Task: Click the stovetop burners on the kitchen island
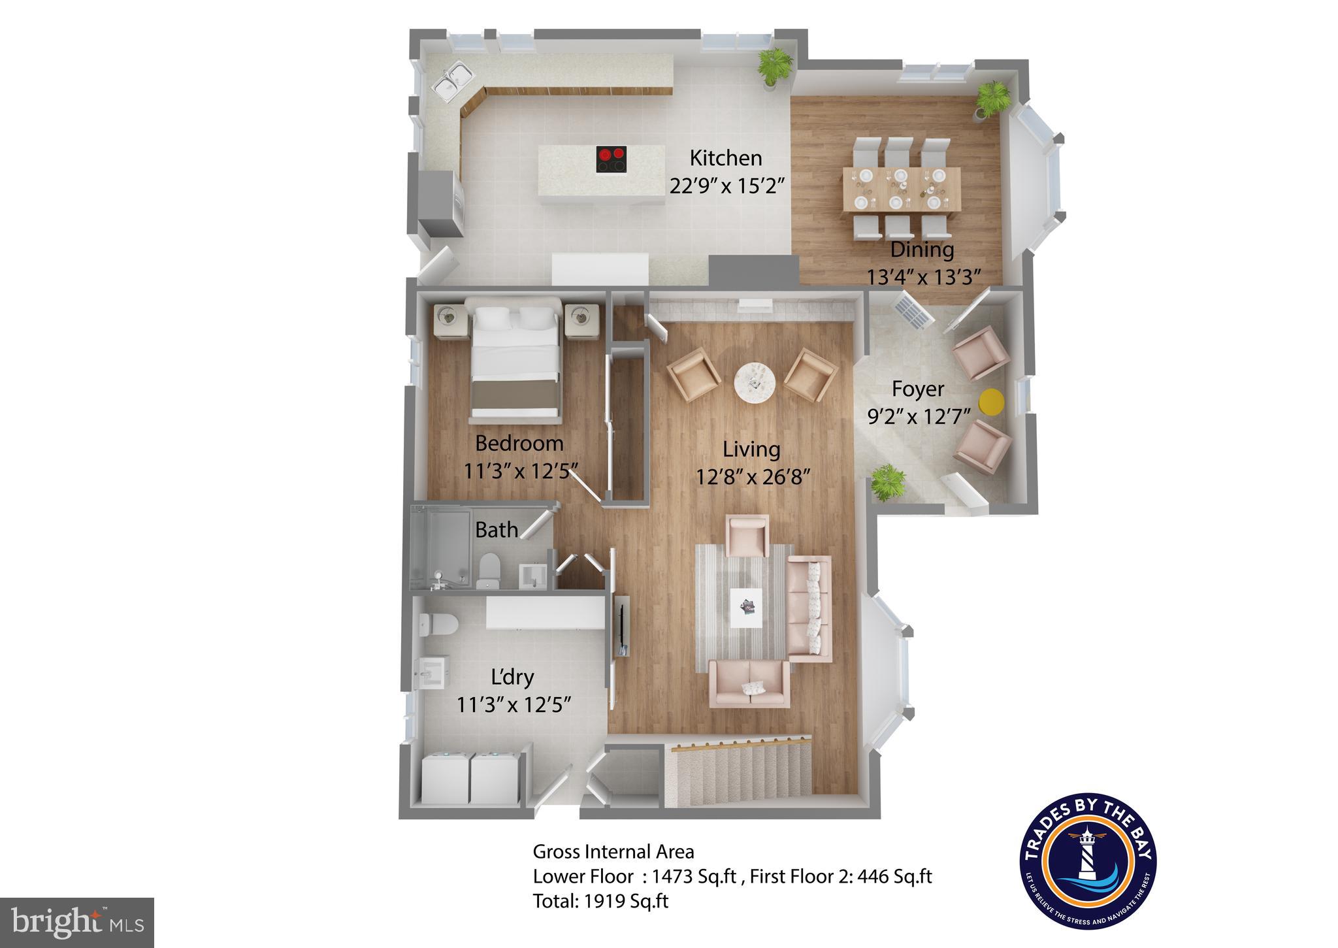(x=612, y=159)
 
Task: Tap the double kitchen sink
(x=452, y=83)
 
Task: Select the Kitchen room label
(x=726, y=158)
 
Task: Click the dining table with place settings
(x=901, y=189)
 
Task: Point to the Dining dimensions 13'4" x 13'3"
(x=924, y=277)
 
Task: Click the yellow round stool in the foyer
(x=991, y=402)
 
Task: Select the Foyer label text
(x=918, y=389)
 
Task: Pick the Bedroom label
(x=519, y=443)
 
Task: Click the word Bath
(x=497, y=530)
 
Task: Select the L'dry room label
(x=512, y=677)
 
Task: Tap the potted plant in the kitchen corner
(x=775, y=66)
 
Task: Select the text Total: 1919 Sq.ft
(x=600, y=901)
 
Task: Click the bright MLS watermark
(x=77, y=923)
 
